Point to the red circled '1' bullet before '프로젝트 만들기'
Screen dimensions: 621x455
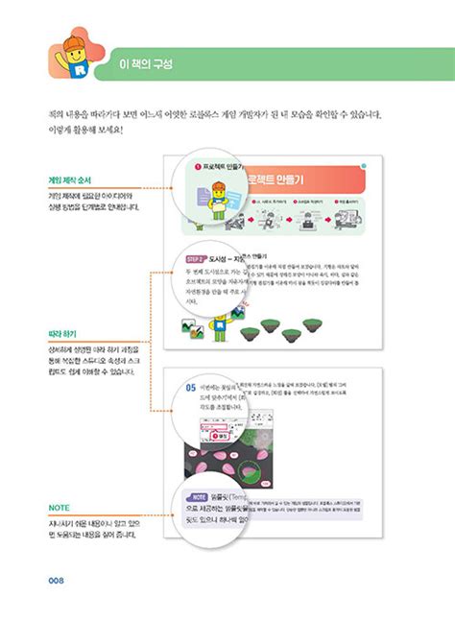(197, 166)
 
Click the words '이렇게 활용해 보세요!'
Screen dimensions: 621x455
(90, 132)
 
